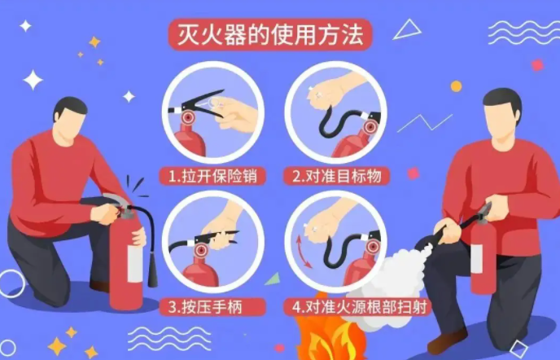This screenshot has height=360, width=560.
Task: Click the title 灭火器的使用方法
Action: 270,35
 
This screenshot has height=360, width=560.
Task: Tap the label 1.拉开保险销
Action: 212,176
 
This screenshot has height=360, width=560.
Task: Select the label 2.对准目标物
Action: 337,176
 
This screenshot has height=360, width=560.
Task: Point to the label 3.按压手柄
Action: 205,307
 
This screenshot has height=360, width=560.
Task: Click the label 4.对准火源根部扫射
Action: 360,307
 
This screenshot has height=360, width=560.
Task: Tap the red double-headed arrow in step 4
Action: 304,252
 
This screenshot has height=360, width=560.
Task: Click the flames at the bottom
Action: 327,334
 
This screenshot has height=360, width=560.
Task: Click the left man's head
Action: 70,117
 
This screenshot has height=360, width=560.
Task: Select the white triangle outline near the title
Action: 407,29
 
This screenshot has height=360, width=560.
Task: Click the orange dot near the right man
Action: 456,86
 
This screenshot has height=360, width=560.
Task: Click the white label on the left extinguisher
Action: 135,264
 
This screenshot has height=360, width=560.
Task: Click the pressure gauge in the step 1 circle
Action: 188,117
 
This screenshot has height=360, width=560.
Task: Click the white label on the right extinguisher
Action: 477,258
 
